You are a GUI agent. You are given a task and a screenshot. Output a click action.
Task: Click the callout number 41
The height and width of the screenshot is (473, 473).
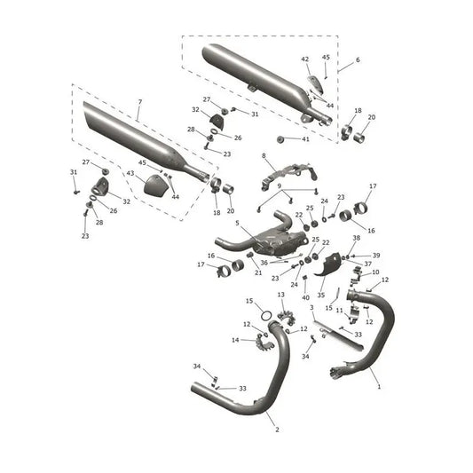[305, 139]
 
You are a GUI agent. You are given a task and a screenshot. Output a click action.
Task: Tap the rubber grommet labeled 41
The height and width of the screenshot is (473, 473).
[281, 139]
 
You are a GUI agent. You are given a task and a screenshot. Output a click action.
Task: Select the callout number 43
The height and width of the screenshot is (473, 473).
[130, 173]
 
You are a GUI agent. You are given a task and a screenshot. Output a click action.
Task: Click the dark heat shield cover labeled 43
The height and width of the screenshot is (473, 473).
[155, 184]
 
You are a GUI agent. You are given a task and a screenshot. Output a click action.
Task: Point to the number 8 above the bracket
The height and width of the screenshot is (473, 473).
[264, 156]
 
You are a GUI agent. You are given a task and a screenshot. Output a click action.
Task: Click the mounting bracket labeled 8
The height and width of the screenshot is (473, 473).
[288, 176]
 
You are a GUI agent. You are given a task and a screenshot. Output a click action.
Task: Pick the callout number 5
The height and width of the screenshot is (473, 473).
[237, 223]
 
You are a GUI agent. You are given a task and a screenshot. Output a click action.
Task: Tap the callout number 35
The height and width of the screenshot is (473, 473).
[321, 295]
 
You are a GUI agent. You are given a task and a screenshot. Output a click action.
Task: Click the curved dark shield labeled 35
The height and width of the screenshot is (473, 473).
[327, 265]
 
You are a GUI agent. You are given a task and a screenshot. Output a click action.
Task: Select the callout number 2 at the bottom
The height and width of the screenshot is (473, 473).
[277, 430]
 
